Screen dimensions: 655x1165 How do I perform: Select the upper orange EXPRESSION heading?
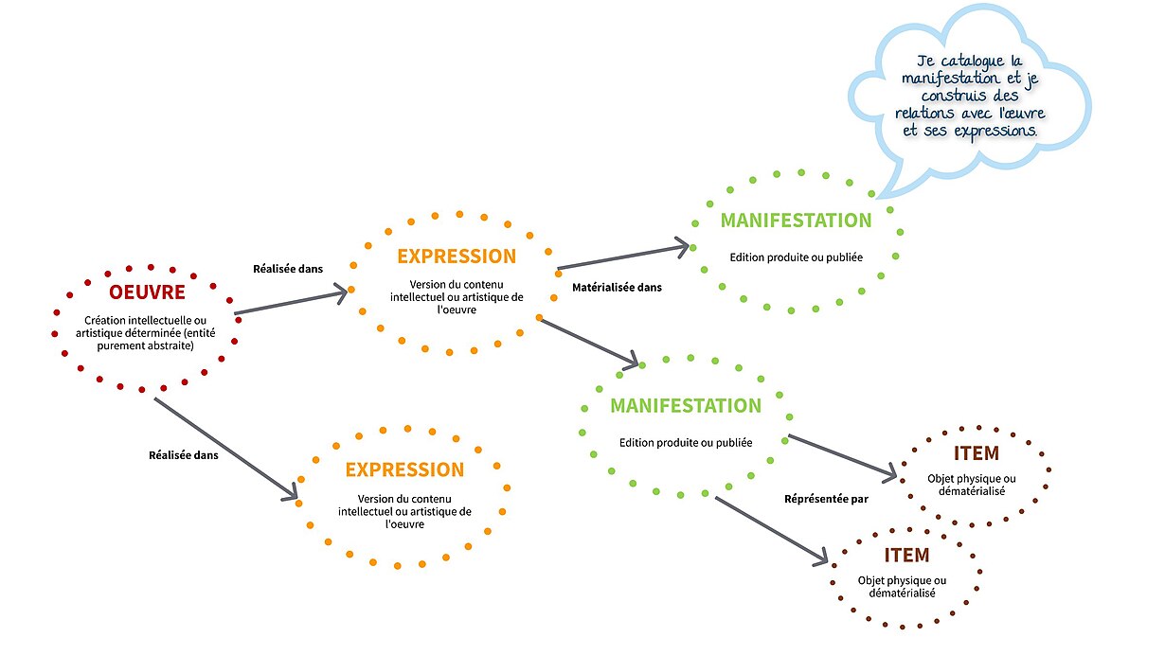pos(457,257)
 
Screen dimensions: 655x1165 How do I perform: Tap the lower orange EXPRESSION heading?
pos(404,470)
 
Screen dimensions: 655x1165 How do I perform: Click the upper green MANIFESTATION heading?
pos(796,221)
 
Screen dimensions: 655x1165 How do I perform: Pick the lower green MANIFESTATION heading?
pos(685,406)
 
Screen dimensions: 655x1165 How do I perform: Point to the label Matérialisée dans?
pos(618,287)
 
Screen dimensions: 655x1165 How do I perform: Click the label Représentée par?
pos(826,499)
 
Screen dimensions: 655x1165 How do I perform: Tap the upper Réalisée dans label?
pos(288,269)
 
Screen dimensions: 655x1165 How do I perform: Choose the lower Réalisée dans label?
pos(184,455)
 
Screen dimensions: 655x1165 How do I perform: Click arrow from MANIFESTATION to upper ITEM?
pos(841,454)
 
